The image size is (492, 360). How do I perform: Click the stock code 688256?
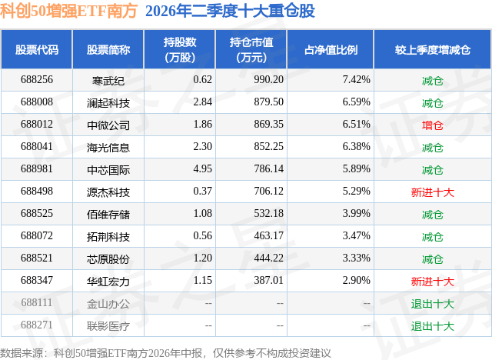(x=37, y=80)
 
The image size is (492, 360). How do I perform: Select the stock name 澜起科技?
(x=108, y=102)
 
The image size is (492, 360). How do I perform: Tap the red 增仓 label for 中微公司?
(x=432, y=125)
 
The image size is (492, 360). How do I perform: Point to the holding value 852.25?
(x=268, y=147)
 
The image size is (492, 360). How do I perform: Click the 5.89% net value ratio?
(x=356, y=169)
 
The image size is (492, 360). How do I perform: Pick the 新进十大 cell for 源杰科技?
(x=432, y=192)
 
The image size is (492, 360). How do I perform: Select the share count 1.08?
(x=202, y=213)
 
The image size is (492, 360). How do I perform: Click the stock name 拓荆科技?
(x=108, y=237)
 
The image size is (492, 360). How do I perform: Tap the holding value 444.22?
(x=268, y=258)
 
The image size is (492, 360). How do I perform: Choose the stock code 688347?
(x=37, y=280)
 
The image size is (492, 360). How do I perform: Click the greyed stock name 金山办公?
(x=108, y=304)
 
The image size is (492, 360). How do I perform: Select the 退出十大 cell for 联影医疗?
(x=432, y=326)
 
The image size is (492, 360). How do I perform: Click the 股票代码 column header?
(x=37, y=49)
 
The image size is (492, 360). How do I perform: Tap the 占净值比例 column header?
(x=331, y=49)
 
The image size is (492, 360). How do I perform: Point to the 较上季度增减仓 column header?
(x=433, y=49)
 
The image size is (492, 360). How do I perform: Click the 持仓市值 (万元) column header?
(x=251, y=49)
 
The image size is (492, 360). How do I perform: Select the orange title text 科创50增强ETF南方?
(x=68, y=11)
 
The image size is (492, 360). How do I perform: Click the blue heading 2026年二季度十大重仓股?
(x=230, y=11)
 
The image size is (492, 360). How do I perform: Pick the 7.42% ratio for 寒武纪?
(x=356, y=80)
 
